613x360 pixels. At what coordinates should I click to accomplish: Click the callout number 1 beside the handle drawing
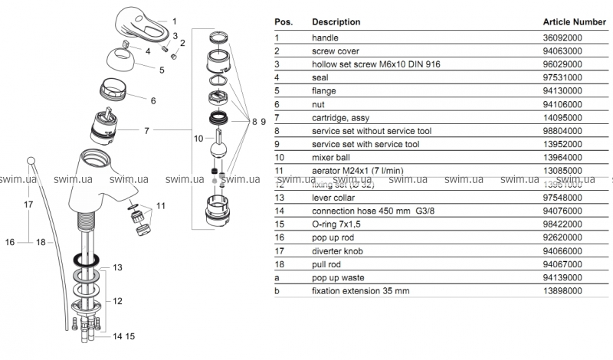point(175,21)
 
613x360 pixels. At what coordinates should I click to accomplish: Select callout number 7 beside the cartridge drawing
point(146,131)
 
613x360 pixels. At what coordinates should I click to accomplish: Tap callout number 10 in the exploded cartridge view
point(198,139)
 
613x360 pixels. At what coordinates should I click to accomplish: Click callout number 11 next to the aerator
point(160,205)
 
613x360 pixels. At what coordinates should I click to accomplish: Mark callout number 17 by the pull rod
point(28,205)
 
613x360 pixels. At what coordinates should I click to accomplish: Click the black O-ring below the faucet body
point(86,260)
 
